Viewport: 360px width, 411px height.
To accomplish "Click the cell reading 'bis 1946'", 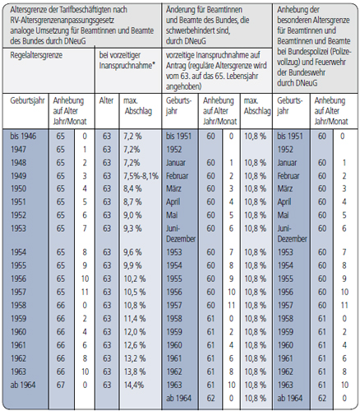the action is point(23,136).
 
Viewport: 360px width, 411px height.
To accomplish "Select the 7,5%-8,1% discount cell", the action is point(141,176).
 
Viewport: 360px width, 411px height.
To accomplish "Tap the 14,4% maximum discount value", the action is point(134,385).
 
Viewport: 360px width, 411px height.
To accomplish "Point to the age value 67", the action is point(61,385).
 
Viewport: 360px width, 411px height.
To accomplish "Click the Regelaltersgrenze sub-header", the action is point(36,55).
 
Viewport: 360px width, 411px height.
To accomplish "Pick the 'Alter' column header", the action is point(106,100).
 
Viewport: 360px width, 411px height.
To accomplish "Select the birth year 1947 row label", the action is point(18,150).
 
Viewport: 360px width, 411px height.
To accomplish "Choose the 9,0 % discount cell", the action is point(132,215).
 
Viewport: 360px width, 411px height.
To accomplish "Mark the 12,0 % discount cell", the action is point(135,332).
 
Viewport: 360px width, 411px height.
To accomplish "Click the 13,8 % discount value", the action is point(135,372).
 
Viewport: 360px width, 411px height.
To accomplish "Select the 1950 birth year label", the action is point(18,189).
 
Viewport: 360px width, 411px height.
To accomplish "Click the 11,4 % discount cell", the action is point(135,319).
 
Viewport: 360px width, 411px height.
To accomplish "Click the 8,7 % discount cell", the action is point(132,202).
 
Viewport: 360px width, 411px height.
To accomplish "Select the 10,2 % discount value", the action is point(135,279).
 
